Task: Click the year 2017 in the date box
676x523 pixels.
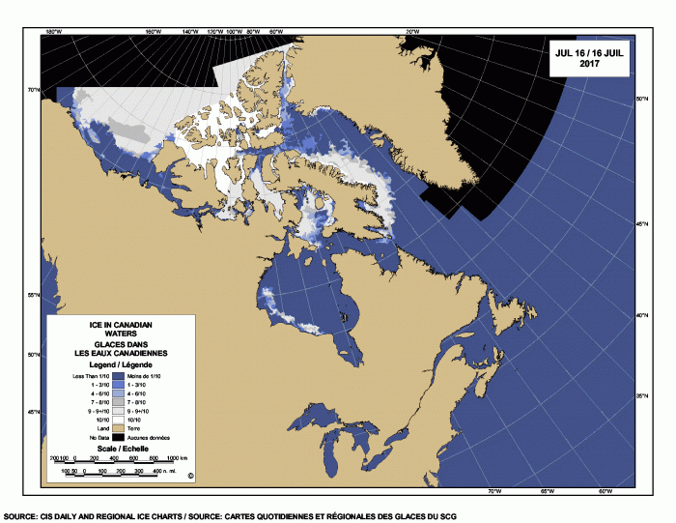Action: click(588, 64)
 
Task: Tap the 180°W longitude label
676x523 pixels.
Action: click(54, 32)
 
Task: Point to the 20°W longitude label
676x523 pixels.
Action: click(412, 32)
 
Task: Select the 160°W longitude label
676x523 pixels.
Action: click(152, 32)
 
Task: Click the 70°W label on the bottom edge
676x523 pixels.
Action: click(494, 492)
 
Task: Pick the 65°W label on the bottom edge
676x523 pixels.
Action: click(547, 492)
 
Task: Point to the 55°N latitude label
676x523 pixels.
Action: click(34, 295)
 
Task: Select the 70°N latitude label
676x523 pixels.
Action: click(34, 90)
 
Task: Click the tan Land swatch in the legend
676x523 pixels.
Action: click(122, 425)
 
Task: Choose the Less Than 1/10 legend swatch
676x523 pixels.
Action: click(122, 374)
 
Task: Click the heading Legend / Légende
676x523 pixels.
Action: click(122, 364)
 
